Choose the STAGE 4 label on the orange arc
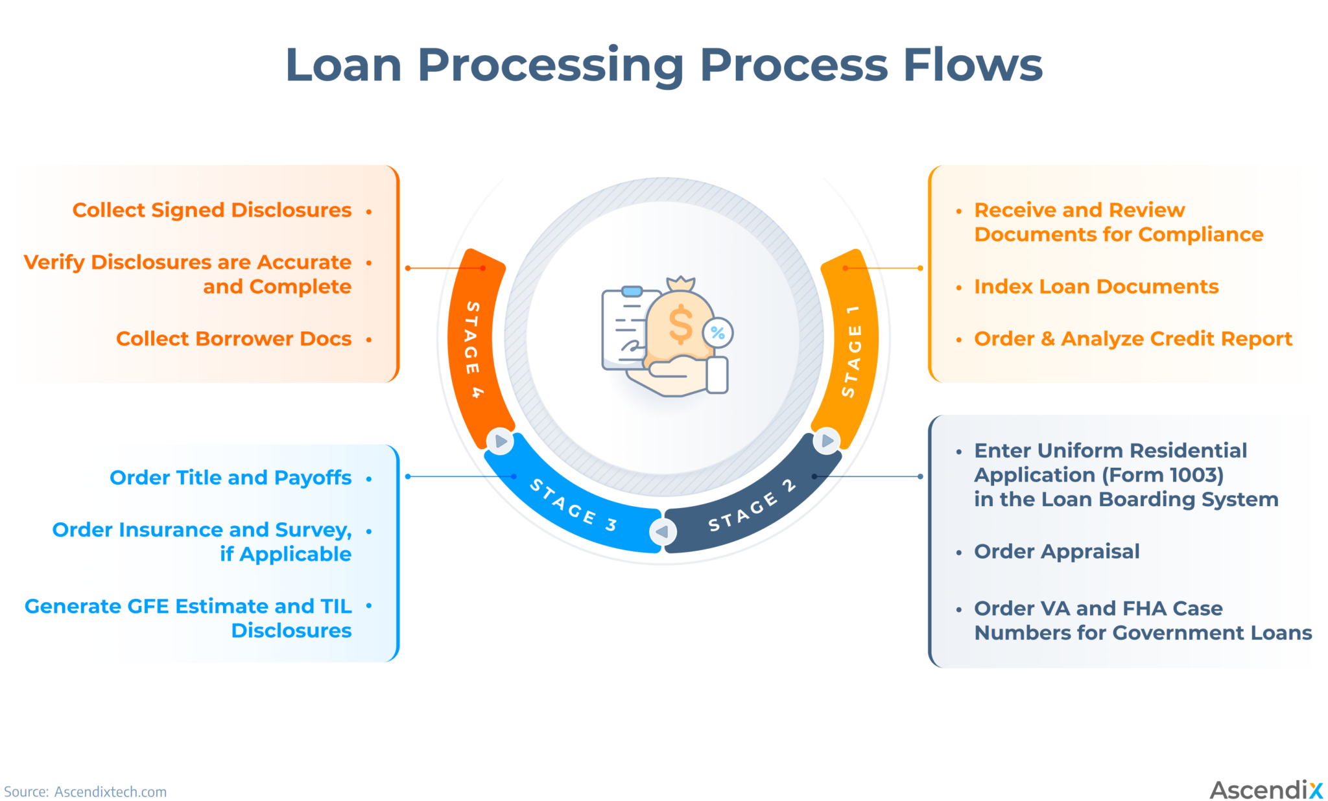(x=473, y=349)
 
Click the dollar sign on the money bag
(x=680, y=325)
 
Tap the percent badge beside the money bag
(x=718, y=333)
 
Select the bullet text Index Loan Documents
(x=1096, y=286)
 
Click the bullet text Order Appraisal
(x=1056, y=551)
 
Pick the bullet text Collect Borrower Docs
(x=233, y=339)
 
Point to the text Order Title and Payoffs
(x=230, y=478)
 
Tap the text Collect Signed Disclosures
(x=212, y=210)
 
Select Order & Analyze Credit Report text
(x=1133, y=339)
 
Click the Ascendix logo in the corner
(x=1265, y=790)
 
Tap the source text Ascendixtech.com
(x=110, y=792)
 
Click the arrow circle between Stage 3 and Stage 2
(x=663, y=532)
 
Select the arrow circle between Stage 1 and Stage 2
(x=827, y=441)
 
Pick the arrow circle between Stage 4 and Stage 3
(x=501, y=441)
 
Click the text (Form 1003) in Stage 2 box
(x=1163, y=475)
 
